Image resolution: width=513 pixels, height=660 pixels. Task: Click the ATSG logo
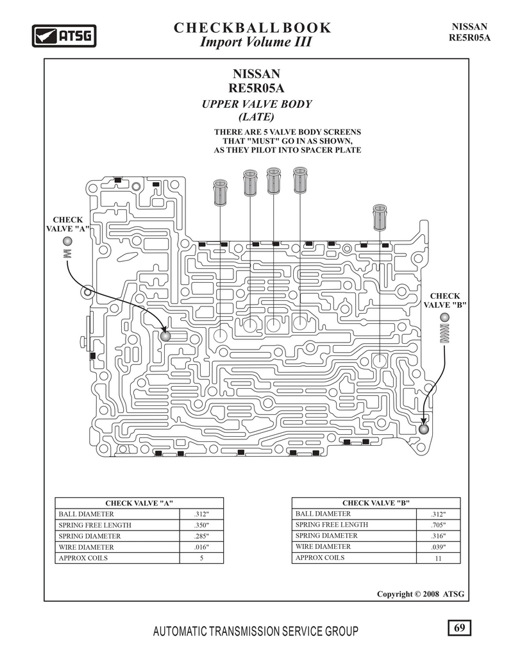pyautogui.click(x=64, y=36)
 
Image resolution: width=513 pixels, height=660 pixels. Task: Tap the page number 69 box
pyautogui.click(x=459, y=628)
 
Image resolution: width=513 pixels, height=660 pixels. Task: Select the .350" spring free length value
pyautogui.click(x=201, y=525)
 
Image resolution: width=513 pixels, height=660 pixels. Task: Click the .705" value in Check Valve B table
pyautogui.click(x=438, y=525)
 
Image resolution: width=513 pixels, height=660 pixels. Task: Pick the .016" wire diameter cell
pyautogui.click(x=201, y=547)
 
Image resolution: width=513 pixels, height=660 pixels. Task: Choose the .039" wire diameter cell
pyautogui.click(x=438, y=546)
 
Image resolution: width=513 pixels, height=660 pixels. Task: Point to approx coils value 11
pyautogui.click(x=438, y=558)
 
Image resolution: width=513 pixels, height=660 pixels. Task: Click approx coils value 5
pyautogui.click(x=201, y=558)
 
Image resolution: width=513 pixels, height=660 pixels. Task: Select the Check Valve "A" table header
pyautogui.click(x=139, y=503)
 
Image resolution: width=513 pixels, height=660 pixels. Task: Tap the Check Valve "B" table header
pyautogui.click(x=376, y=503)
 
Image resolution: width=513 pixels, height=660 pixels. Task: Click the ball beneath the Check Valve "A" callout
pyautogui.click(x=67, y=242)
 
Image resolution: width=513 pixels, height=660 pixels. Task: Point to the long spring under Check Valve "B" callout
pyautogui.click(x=445, y=334)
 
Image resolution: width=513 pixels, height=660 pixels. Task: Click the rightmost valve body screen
pyautogui.click(x=380, y=217)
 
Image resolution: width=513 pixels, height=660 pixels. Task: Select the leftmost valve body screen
pyautogui.click(x=220, y=193)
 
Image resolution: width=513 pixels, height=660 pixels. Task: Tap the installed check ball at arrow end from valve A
pyautogui.click(x=165, y=336)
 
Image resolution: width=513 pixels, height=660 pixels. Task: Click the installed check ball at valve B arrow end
pyautogui.click(x=423, y=429)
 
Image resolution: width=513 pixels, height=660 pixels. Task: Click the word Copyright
pyautogui.click(x=395, y=595)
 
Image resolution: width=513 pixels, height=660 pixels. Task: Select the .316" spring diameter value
pyautogui.click(x=438, y=536)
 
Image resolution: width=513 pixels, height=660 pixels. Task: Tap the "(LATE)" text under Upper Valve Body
pyautogui.click(x=256, y=117)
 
